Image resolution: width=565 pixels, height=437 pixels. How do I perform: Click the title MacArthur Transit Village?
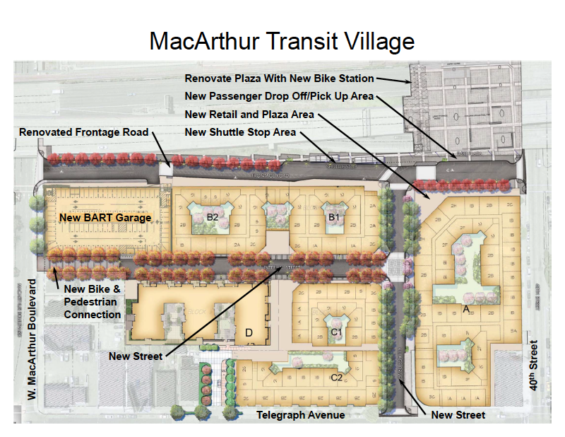tap(282, 41)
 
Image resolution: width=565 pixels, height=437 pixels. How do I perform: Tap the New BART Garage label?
tap(105, 218)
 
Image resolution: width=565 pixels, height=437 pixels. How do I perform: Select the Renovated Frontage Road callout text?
tap(84, 132)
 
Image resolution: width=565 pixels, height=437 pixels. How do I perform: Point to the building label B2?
tap(213, 216)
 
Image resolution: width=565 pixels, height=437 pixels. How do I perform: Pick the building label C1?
tap(337, 331)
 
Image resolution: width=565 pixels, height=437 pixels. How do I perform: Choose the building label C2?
tap(337, 378)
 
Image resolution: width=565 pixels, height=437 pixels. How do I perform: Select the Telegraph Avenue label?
tap(301, 415)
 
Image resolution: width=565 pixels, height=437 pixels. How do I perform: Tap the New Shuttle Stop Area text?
tap(240, 132)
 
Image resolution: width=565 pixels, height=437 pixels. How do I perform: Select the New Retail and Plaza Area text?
tap(249, 115)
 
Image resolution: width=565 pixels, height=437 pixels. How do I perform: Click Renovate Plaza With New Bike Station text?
tap(279, 78)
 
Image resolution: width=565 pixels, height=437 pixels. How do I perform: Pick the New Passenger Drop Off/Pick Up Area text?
tap(279, 96)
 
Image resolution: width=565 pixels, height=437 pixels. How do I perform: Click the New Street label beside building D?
tap(136, 356)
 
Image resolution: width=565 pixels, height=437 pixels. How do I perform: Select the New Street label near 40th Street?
tap(458, 415)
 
